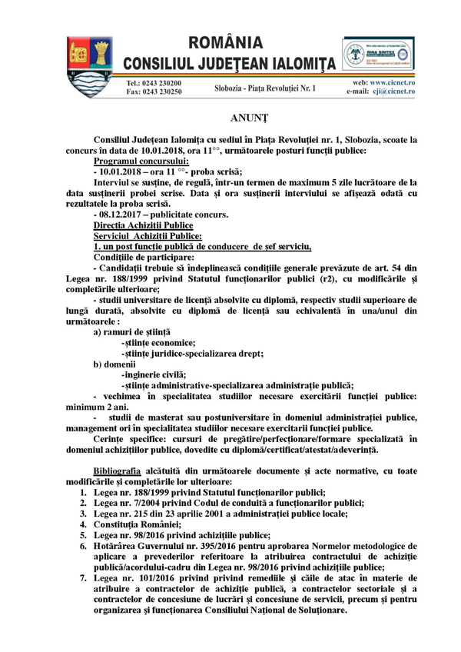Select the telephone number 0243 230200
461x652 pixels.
click(x=160, y=82)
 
